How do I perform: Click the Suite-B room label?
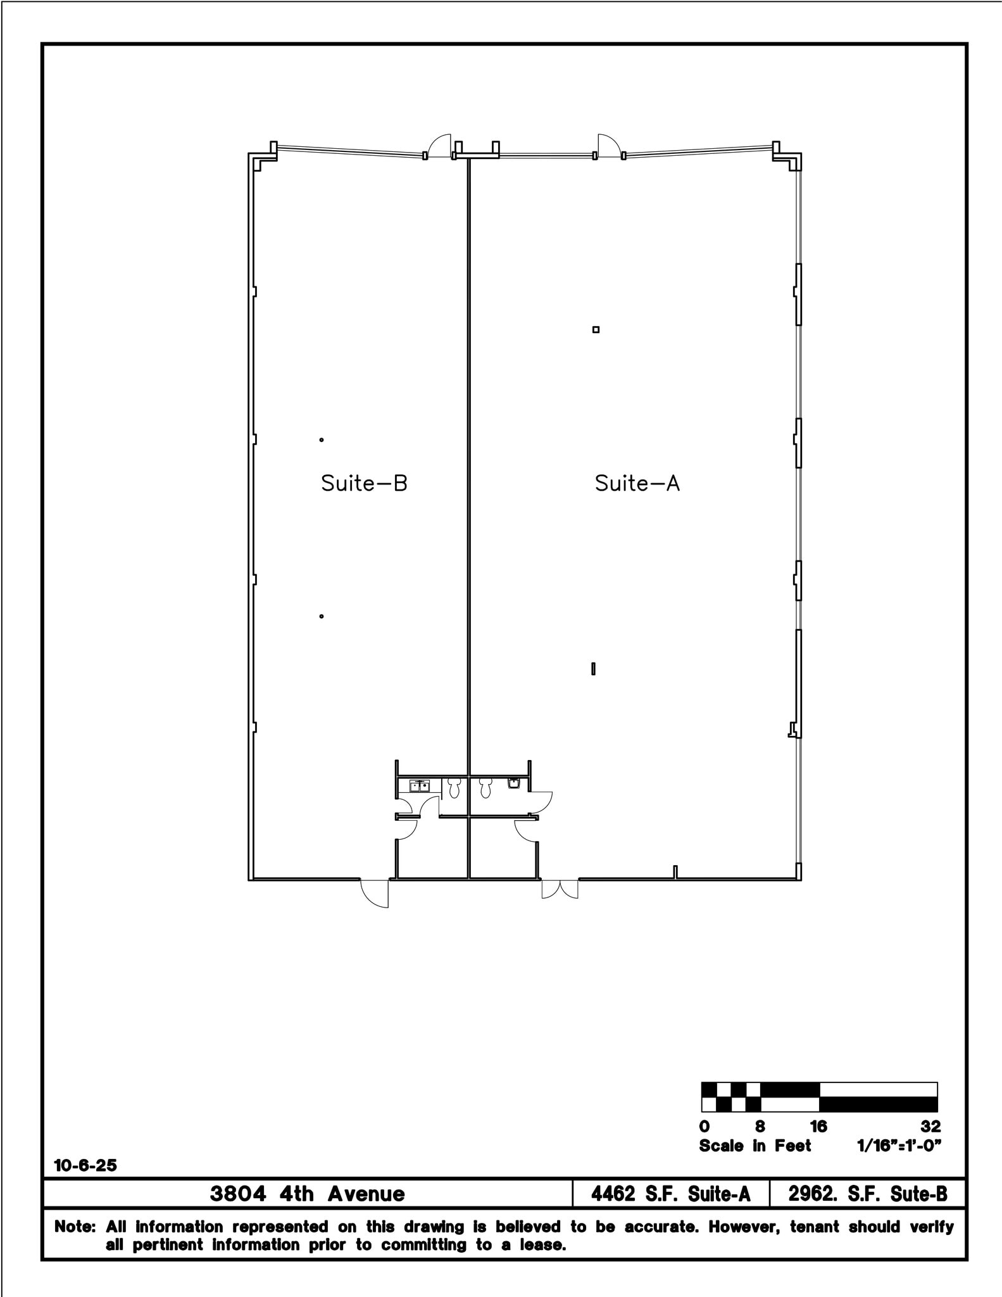[364, 483]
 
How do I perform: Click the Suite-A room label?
[637, 483]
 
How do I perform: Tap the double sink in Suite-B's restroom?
[419, 787]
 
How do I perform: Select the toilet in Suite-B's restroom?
[454, 788]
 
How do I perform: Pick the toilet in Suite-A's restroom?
[485, 788]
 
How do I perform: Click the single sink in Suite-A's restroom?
[514, 783]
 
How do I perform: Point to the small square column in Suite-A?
[596, 329]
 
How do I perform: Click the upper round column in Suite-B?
[322, 440]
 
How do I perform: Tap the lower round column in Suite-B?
[322, 616]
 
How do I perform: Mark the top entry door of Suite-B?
[439, 147]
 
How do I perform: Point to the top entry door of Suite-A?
[608, 146]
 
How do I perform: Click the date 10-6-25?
[85, 1165]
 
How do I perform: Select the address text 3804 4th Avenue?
[307, 1194]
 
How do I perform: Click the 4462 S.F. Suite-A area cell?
[670, 1194]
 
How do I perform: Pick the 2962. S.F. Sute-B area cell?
[867, 1194]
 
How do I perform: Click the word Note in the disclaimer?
[74, 1227]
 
